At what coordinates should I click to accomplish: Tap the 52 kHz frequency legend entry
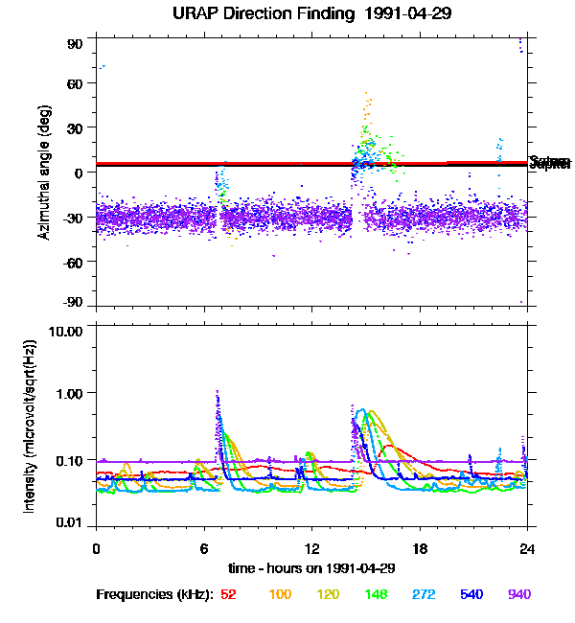228,595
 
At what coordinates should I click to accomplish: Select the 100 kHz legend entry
280,595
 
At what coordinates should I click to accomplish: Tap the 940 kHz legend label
519,595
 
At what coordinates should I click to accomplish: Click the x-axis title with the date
311,567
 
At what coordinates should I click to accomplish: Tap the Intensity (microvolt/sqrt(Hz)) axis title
30,426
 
